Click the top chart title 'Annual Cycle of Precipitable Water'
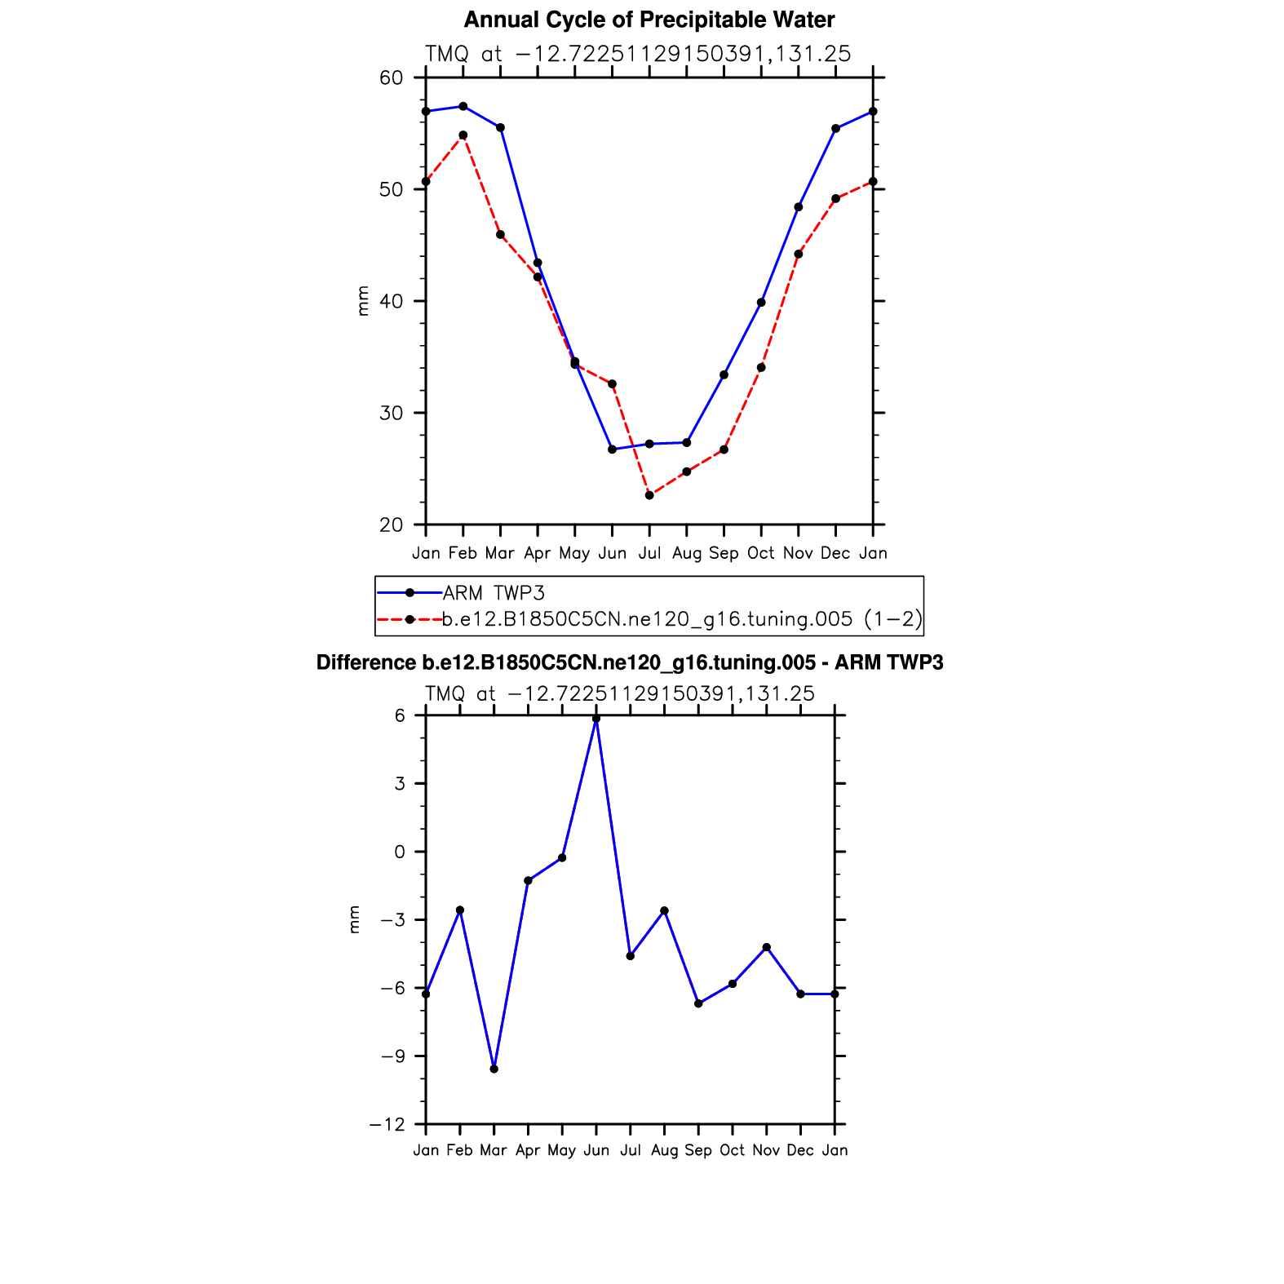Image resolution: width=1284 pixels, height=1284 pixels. tap(649, 20)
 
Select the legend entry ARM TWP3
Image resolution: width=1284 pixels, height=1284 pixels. tap(493, 593)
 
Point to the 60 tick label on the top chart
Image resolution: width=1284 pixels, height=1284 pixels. tap(392, 78)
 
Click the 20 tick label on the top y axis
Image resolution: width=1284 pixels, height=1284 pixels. tap(392, 525)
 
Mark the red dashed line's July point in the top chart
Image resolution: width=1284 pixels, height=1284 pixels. tap(649, 495)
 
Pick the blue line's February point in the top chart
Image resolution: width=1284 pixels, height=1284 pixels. tap(463, 106)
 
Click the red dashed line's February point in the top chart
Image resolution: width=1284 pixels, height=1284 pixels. tap(463, 135)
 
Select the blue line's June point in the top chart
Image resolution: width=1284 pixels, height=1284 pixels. tap(612, 449)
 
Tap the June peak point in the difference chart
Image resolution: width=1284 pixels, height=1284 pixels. tap(596, 719)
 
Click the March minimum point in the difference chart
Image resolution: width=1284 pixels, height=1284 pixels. tap(494, 1069)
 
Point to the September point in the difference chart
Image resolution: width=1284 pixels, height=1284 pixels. tap(698, 1003)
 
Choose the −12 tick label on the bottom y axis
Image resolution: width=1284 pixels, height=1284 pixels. tap(387, 1125)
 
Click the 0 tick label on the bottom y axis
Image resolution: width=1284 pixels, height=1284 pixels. tap(399, 852)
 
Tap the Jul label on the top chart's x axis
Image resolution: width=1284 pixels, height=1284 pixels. tap(649, 553)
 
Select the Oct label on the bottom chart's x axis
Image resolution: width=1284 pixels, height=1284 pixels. tap(732, 1150)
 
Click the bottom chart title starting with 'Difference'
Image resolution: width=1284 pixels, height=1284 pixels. tap(629, 662)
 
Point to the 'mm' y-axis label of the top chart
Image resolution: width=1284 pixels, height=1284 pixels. tap(363, 300)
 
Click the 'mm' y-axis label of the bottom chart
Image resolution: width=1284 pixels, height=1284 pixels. tap(354, 919)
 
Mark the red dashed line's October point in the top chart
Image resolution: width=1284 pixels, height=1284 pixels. tap(761, 368)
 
